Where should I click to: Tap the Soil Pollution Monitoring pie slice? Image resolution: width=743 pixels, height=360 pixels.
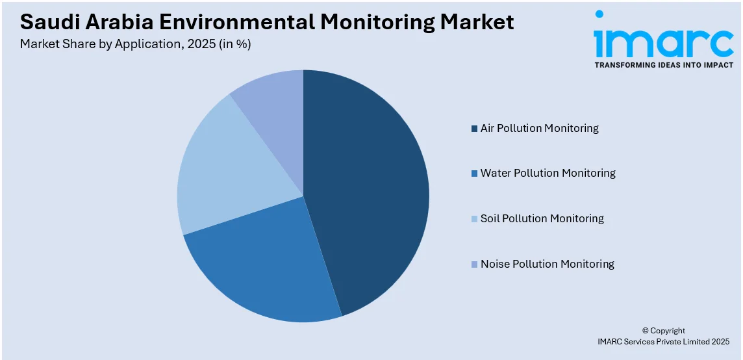[227, 169]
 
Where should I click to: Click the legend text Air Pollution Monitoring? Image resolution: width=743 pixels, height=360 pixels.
[539, 128]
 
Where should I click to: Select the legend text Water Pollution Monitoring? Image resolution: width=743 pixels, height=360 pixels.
[548, 173]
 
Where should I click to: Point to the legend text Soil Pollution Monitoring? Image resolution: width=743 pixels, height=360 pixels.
[542, 218]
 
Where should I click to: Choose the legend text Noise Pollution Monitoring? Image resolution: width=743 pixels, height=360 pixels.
[547, 264]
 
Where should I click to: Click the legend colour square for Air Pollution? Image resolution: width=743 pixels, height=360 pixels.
[474, 128]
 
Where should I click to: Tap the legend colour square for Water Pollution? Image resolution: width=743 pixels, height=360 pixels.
[474, 174]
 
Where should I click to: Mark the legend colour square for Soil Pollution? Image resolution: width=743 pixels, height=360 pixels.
[474, 219]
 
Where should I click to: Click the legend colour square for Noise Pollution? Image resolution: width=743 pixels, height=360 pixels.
[474, 264]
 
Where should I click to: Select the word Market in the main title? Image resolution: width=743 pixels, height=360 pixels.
[477, 23]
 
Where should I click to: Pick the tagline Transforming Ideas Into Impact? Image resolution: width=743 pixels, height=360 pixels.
[664, 65]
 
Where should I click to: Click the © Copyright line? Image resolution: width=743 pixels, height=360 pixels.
[663, 331]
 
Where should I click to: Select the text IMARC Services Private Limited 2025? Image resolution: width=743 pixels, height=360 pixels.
[663, 341]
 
